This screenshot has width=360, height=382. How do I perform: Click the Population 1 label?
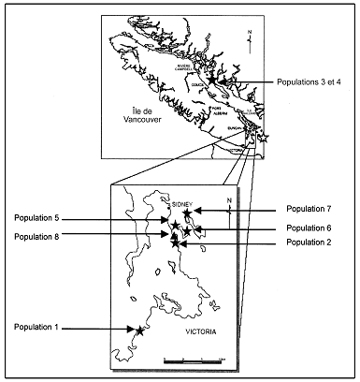click(x=36, y=328)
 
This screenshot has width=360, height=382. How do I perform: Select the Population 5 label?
click(x=36, y=218)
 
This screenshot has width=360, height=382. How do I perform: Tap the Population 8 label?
click(x=36, y=237)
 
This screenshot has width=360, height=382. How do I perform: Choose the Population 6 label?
click(x=310, y=228)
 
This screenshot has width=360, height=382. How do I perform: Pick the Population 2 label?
click(x=310, y=242)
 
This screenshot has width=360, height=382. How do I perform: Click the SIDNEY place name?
click(x=184, y=202)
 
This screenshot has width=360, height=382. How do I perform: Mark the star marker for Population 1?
click(x=139, y=330)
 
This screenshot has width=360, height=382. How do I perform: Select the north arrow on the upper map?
click(x=248, y=38)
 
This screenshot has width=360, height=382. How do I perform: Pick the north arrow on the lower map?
click(x=230, y=207)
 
